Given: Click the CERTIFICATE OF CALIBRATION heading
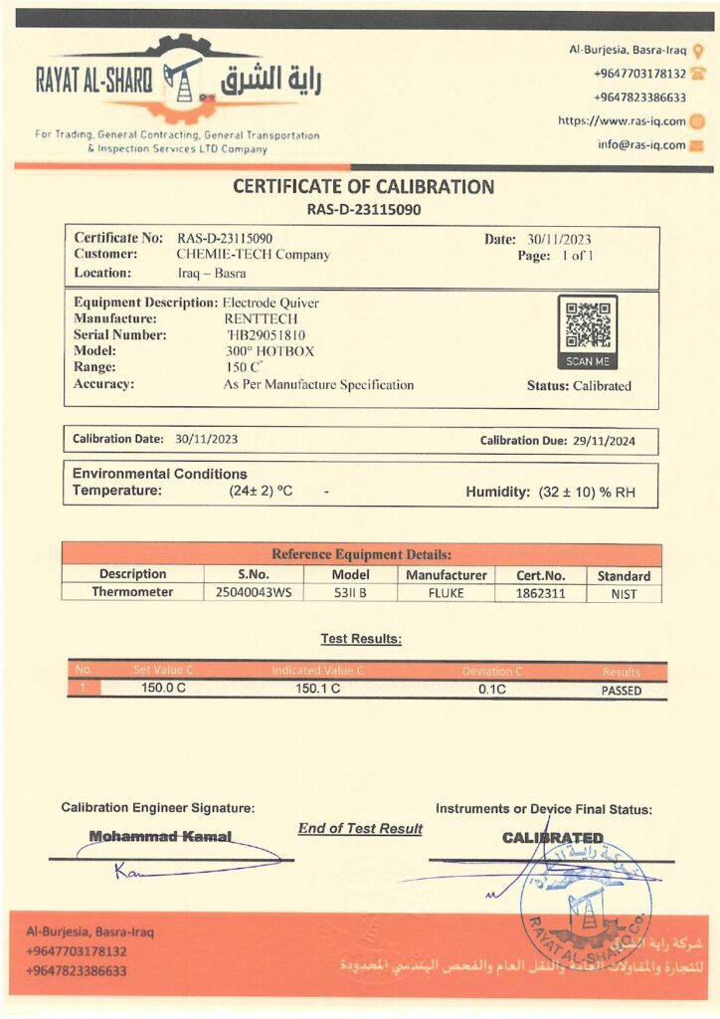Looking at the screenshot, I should (363, 187).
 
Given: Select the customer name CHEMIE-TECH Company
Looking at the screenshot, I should (253, 255).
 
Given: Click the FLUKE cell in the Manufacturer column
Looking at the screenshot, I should (447, 593).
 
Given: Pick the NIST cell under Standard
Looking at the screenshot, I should (623, 594).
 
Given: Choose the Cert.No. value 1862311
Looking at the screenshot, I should (540, 593).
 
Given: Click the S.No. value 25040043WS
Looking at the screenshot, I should (254, 593).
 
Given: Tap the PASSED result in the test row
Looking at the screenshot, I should (622, 691).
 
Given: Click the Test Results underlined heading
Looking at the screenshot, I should (361, 639).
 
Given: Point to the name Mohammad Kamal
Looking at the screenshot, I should (160, 837).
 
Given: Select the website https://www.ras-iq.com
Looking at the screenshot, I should (623, 121).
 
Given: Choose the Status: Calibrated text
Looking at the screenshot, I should (579, 386).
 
